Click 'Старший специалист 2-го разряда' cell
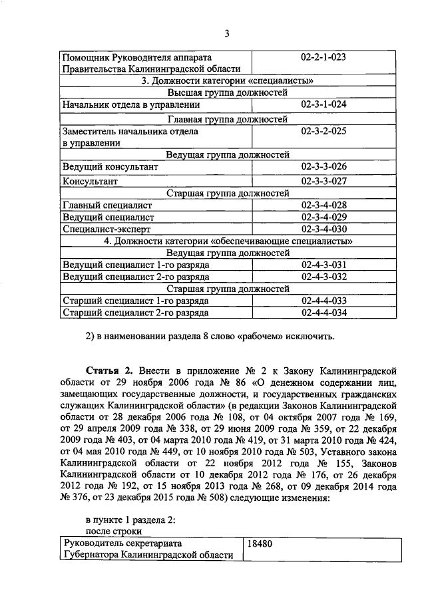(x=135, y=312)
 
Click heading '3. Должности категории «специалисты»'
(x=228, y=81)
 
